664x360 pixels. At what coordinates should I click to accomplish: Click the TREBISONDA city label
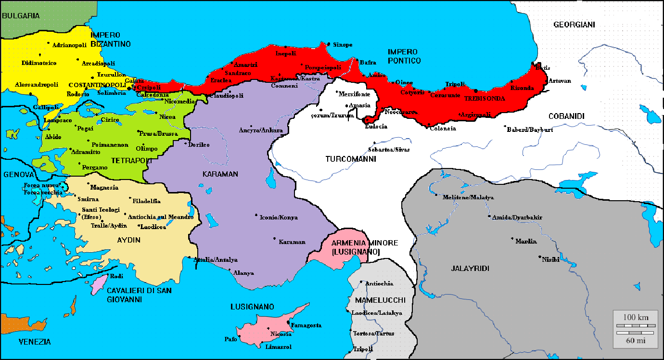485,98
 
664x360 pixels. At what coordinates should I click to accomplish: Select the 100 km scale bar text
636,317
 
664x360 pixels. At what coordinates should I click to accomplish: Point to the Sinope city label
343,45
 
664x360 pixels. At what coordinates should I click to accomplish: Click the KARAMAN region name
220,174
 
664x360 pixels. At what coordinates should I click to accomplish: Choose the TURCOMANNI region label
350,159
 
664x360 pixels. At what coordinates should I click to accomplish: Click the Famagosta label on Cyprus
306,325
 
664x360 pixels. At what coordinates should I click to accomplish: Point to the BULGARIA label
21,16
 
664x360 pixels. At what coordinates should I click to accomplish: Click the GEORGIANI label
574,25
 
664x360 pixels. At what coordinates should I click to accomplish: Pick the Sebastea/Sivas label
389,149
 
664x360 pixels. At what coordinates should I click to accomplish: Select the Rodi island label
117,276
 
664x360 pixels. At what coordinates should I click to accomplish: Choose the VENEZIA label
35,342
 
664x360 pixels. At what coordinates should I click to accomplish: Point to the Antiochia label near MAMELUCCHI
379,283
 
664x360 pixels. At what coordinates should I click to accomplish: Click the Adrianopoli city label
69,45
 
